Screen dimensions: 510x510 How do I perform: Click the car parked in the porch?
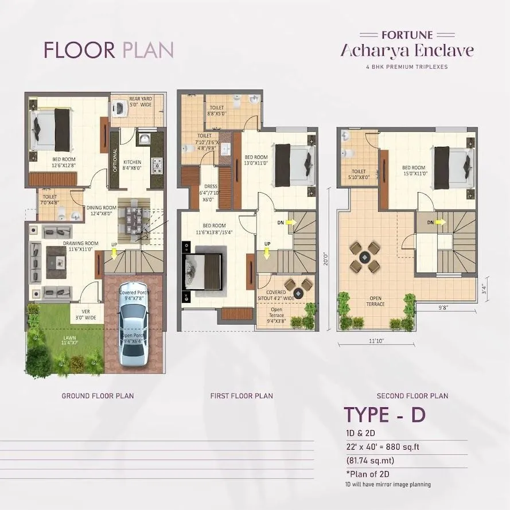click(133, 333)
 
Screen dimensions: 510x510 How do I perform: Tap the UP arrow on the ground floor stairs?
click(115, 252)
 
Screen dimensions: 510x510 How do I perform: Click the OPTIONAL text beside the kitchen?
click(115, 160)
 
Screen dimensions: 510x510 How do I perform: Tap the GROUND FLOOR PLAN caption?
click(98, 396)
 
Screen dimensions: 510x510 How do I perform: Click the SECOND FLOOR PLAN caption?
click(412, 396)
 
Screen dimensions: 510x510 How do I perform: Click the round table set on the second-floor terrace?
click(365, 257)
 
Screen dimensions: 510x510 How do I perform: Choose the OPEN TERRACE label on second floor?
click(377, 301)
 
